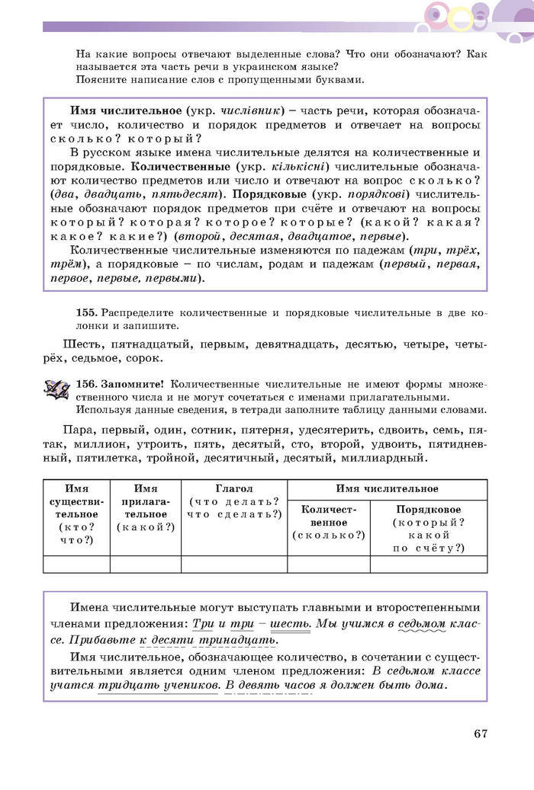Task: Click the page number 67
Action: [479, 734]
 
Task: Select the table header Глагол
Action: [234, 488]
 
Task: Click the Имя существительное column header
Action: [76, 507]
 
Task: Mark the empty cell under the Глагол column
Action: [234, 564]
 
